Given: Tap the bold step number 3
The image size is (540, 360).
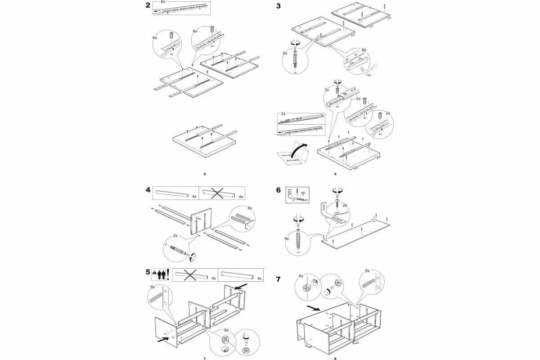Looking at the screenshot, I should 279,6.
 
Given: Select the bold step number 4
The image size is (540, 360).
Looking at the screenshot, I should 148,190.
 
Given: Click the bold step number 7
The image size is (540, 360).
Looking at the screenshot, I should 279,279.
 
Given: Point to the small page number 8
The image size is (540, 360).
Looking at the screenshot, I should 335,358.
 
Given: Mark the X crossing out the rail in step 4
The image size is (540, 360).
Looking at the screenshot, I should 218,193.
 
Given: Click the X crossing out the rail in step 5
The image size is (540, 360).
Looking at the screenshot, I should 192,275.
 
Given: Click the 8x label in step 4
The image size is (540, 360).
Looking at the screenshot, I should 250,208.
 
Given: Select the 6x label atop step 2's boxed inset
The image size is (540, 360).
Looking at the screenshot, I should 163,2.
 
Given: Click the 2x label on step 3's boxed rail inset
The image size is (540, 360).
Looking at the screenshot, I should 283,114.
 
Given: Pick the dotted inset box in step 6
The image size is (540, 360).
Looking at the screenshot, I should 297,194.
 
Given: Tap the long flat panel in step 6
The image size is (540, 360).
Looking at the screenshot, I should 355,232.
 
